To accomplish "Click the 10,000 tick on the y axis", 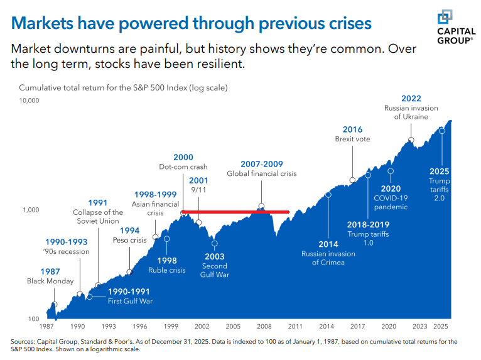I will [30, 101].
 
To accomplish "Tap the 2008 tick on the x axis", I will [264, 327].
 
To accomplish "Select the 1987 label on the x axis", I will [46, 327].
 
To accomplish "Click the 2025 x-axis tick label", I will [441, 327].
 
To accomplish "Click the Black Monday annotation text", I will [50, 281].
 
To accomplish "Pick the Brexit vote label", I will [352, 139].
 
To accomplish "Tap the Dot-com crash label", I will [183, 167].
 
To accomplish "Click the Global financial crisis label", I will [261, 173].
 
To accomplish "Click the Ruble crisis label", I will [167, 270].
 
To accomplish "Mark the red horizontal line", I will [235, 212].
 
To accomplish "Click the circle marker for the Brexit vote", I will [352, 180].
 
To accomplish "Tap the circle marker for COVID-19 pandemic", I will [391, 170].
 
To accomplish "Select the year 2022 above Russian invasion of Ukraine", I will [411, 99].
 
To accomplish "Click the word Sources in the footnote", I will [23, 342].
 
